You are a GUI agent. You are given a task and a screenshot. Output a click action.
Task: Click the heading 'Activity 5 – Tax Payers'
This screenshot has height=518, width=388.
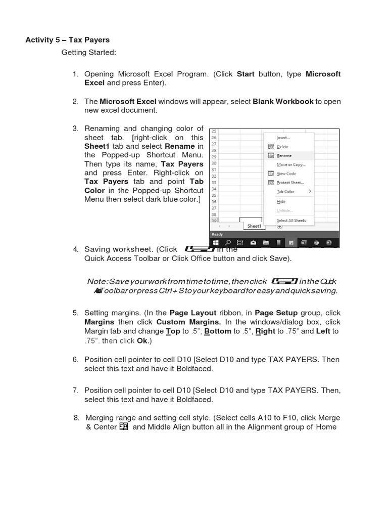67,39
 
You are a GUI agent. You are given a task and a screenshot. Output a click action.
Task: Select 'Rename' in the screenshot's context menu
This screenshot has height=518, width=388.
284,156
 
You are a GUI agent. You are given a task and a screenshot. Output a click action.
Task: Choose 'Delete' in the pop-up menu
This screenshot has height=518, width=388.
282,147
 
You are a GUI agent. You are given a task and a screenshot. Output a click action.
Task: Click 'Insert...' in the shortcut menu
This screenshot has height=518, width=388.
283,138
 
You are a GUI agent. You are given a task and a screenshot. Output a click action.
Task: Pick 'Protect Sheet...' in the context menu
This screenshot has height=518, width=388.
290,183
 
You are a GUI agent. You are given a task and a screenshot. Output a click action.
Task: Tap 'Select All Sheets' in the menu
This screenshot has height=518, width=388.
291,221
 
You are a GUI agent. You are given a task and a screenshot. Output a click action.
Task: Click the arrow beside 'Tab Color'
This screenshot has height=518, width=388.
310,192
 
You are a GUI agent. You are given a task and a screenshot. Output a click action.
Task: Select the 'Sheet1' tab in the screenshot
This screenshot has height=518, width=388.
254,226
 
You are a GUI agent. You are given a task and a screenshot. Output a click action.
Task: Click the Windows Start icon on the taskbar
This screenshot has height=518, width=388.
215,243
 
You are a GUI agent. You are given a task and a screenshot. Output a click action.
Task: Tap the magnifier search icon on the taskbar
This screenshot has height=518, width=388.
228,243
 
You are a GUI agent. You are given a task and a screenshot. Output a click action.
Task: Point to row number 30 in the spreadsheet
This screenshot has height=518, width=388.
213,163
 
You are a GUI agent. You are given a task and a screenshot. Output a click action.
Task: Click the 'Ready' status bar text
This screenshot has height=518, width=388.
217,234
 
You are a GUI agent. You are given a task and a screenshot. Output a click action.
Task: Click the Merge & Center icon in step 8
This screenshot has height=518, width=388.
124,427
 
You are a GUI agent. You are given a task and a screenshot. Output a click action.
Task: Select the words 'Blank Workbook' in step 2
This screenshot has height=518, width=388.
283,101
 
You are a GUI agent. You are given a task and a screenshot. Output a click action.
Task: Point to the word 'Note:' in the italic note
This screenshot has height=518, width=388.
97,281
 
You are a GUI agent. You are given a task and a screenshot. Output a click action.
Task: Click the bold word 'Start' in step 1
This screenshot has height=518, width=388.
246,74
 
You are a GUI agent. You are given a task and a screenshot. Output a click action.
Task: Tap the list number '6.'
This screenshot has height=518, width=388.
75,360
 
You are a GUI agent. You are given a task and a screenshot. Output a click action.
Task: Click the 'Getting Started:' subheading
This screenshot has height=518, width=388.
88,52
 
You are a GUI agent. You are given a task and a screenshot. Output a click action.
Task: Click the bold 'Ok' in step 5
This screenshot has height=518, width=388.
141,341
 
